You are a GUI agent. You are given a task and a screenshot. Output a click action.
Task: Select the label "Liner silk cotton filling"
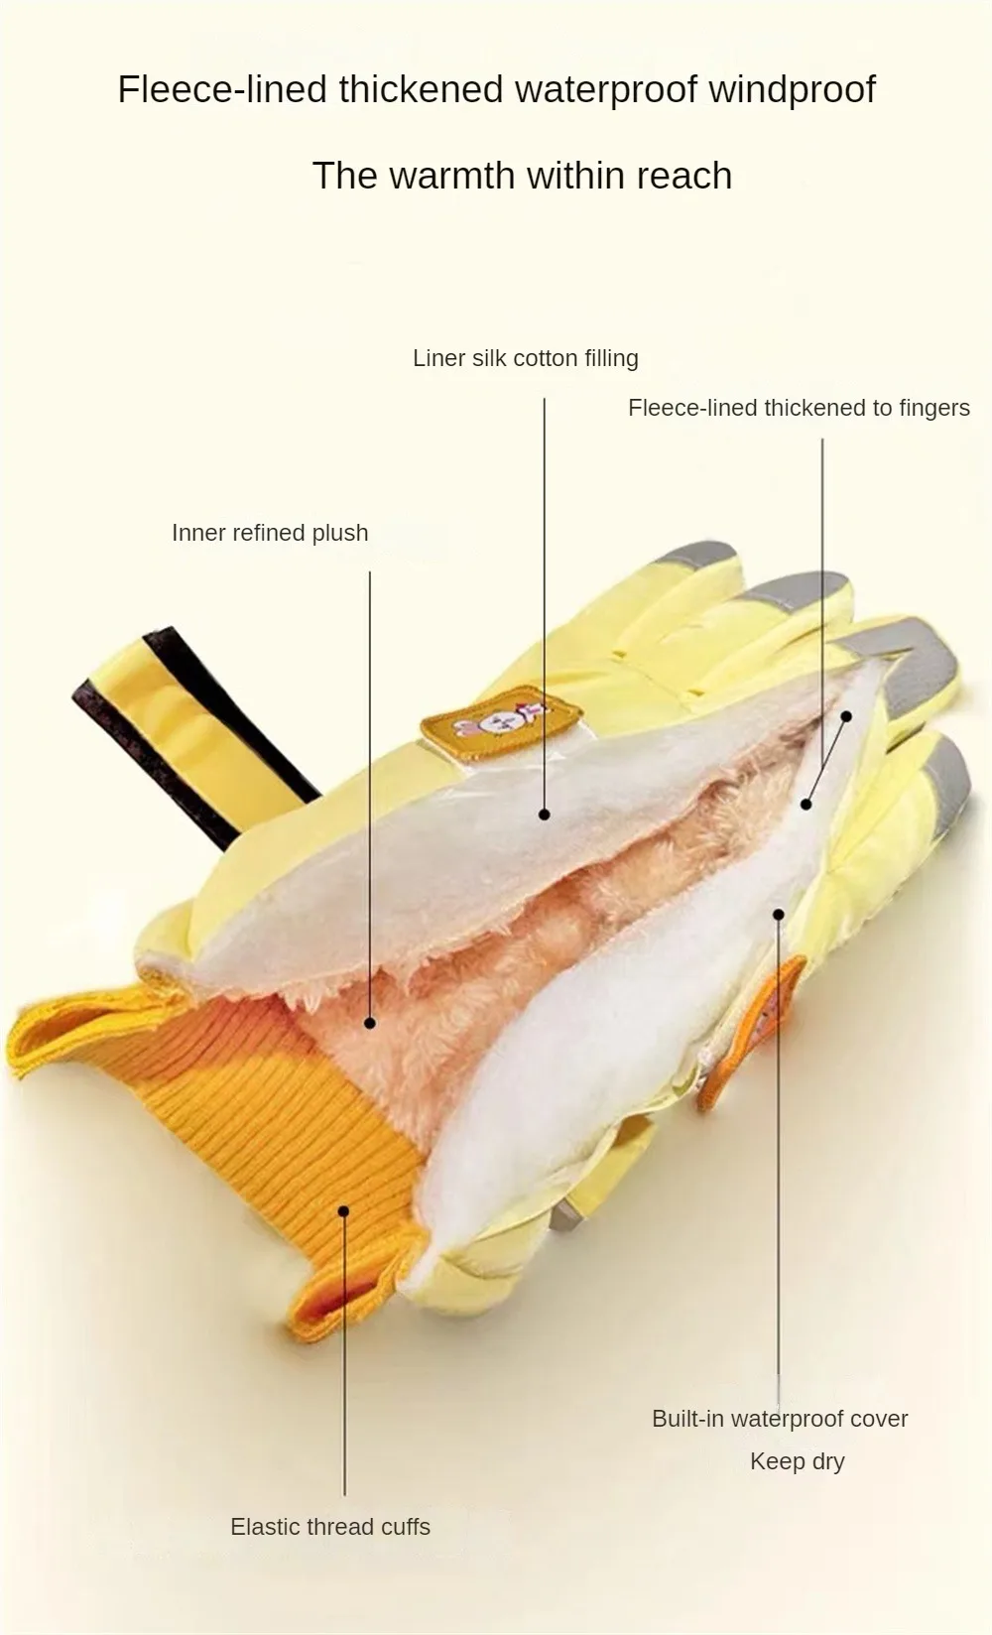525,358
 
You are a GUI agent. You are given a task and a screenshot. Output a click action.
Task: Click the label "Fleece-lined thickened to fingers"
799,408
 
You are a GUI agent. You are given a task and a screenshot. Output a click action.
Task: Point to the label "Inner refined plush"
270,533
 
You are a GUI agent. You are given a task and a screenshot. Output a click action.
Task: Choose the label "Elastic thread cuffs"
330,1527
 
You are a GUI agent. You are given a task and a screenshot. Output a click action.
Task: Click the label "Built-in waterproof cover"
780,1419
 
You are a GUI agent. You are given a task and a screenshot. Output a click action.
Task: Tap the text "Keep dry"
797,1461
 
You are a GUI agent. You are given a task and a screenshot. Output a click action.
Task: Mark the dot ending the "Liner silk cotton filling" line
545,815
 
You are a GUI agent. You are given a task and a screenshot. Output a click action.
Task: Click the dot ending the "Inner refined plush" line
370,1023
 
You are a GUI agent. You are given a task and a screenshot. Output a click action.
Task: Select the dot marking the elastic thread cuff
344,1210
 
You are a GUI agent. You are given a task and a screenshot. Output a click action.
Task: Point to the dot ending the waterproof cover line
779,915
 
